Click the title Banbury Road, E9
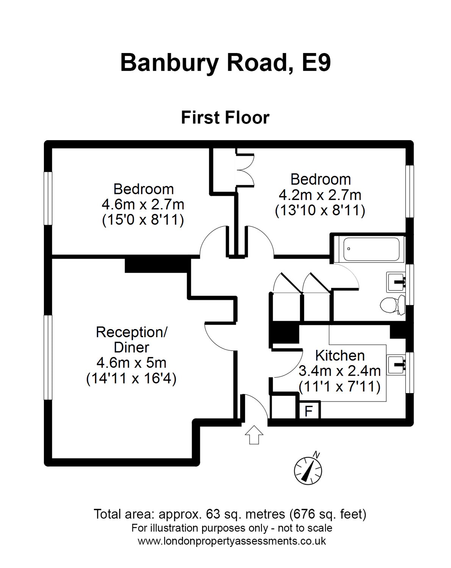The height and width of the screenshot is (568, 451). pyautogui.click(x=225, y=62)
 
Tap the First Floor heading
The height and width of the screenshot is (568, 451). pyautogui.click(x=225, y=117)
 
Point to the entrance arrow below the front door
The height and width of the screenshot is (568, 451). pyautogui.click(x=254, y=434)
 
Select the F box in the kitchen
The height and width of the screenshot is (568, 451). pyautogui.click(x=309, y=410)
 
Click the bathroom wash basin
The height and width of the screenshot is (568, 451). pyautogui.click(x=396, y=282)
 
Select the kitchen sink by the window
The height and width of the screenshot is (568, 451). pyautogui.click(x=396, y=364)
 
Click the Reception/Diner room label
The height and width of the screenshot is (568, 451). pyautogui.click(x=131, y=340)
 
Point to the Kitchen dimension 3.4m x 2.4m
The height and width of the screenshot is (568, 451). pyautogui.click(x=340, y=371)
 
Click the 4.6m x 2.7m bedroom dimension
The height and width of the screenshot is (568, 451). pyautogui.click(x=143, y=204)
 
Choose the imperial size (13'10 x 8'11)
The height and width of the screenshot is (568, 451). pyautogui.click(x=320, y=210)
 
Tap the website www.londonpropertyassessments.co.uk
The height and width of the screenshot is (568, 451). pyautogui.click(x=232, y=541)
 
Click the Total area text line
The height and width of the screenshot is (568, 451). pyautogui.click(x=230, y=514)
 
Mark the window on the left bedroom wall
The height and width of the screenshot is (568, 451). pyautogui.click(x=48, y=198)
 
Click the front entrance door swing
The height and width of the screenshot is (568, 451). pyautogui.click(x=254, y=406)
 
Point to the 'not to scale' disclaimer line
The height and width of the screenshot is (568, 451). pyautogui.click(x=232, y=528)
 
